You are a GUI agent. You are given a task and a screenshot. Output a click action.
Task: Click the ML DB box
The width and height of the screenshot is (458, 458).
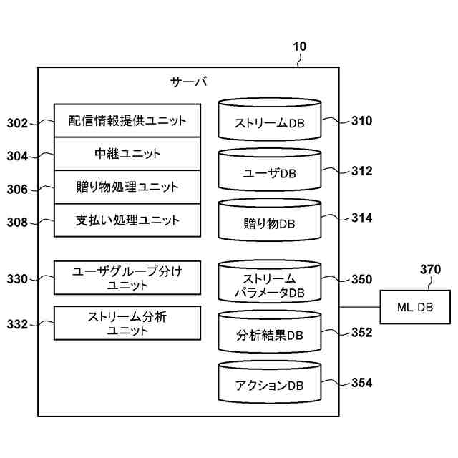(x=415, y=307)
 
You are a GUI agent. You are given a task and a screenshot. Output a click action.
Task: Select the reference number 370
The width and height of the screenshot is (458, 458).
(x=430, y=269)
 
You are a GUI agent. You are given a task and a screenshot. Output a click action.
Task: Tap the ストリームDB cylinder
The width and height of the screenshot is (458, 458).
(x=270, y=120)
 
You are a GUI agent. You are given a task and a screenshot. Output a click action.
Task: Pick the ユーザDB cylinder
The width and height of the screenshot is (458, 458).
(x=270, y=170)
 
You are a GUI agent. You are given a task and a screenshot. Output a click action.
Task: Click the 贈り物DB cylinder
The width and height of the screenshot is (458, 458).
(x=270, y=220)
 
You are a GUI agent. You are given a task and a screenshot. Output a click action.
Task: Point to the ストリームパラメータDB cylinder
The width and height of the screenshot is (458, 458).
(x=270, y=281)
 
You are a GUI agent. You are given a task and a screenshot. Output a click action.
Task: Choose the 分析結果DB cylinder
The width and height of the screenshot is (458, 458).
(x=270, y=332)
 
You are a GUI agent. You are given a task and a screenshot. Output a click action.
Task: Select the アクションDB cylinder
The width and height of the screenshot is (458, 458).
(x=270, y=382)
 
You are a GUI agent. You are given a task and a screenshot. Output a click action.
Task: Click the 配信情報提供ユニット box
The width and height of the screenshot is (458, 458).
(x=127, y=120)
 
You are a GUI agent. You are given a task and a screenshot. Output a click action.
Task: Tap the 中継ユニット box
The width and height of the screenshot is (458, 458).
(x=127, y=154)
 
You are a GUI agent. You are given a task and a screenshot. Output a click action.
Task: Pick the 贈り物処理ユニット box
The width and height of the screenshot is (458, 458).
(x=127, y=187)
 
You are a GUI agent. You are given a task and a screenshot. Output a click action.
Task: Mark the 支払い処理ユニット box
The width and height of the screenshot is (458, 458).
(x=127, y=220)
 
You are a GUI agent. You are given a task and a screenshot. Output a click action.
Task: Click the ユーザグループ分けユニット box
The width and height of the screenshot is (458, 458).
(x=127, y=278)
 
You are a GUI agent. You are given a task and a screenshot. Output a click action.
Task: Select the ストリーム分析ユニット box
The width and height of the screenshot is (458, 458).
(x=127, y=323)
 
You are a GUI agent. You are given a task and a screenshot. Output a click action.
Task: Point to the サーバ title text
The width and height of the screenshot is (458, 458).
(x=189, y=82)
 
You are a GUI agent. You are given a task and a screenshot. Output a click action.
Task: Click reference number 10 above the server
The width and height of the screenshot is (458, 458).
(x=299, y=47)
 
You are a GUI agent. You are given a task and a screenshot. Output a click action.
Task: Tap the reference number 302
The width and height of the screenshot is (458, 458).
(x=17, y=123)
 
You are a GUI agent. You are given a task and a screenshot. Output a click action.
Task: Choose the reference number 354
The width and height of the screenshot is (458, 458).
(x=362, y=383)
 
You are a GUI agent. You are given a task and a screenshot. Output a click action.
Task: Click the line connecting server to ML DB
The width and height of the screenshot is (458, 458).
(x=359, y=307)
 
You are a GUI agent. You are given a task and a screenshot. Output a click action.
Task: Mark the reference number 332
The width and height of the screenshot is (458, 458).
(x=17, y=324)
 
